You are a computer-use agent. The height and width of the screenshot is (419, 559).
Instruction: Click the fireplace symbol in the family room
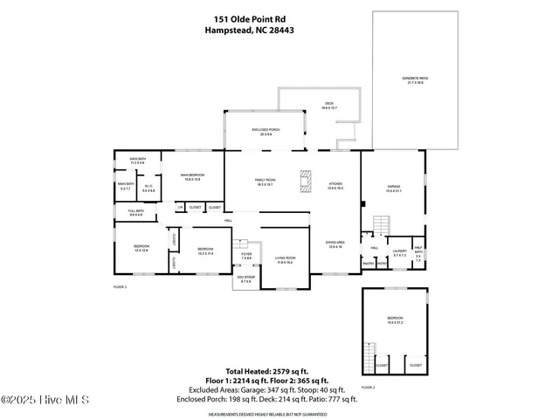click(x=305, y=182)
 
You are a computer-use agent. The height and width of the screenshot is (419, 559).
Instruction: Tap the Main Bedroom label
click(x=191, y=178)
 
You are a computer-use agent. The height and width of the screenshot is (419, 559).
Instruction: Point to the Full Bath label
click(x=135, y=213)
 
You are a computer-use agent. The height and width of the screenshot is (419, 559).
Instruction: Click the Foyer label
click(x=246, y=257)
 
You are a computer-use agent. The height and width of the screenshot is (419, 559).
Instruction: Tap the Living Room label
click(x=286, y=258)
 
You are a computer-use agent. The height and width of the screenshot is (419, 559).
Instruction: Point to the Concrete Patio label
click(x=415, y=80)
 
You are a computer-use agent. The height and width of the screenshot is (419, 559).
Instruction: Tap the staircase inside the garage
click(x=381, y=228)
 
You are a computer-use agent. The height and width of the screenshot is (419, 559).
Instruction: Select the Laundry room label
click(x=399, y=253)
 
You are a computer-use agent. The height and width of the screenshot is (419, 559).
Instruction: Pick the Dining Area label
click(x=335, y=245)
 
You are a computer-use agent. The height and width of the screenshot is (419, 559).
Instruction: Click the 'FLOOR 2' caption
click(x=369, y=387)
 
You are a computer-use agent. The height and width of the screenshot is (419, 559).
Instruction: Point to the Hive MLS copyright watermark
click(x=39, y=401)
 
